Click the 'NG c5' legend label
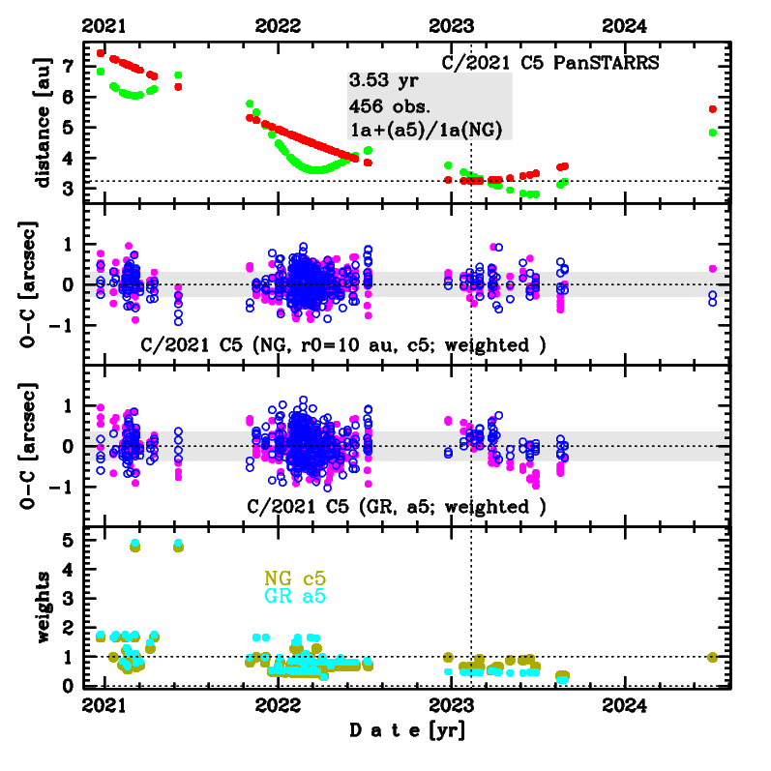295,578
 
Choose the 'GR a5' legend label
295,597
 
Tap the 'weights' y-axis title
42,607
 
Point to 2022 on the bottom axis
278,704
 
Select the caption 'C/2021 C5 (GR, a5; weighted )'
397,507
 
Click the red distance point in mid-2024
713,109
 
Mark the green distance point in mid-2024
713,133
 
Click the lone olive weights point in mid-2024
713,657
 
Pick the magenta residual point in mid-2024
713,268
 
